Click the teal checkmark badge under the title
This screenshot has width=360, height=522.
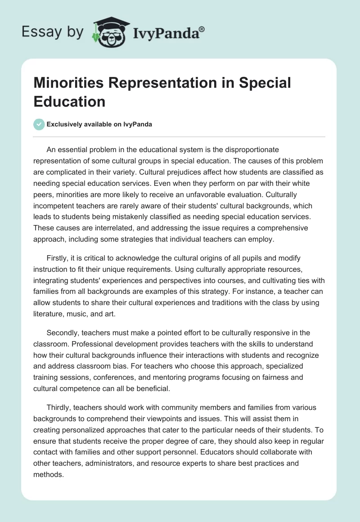pos(39,125)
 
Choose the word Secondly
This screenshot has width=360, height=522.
pos(64,333)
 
